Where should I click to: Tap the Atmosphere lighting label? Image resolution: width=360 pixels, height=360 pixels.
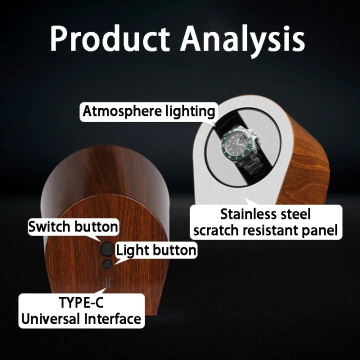pyautogui.click(x=148, y=111)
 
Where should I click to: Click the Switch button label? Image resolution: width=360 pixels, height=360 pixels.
pyautogui.click(x=73, y=226)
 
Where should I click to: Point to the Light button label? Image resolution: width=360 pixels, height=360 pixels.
pyautogui.click(x=156, y=249)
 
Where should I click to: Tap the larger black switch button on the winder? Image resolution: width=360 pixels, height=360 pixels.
pyautogui.click(x=106, y=248)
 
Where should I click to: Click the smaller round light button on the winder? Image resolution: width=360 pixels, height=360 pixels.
pyautogui.click(x=107, y=264)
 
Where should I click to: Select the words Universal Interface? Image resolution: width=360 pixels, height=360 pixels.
pyautogui.click(x=80, y=318)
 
